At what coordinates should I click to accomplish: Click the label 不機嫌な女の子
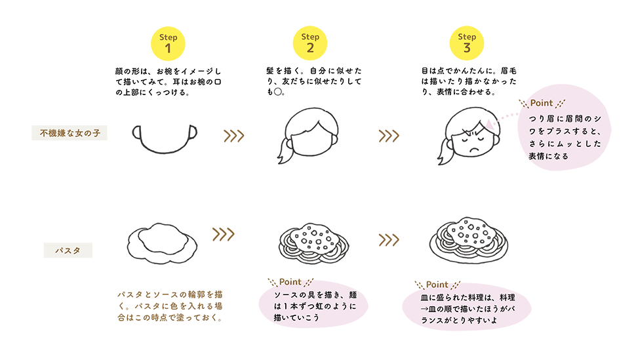70,133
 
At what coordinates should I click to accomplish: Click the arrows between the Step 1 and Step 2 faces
234,136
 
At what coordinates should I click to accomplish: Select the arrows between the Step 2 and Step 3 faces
389,136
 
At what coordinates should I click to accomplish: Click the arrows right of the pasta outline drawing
223,234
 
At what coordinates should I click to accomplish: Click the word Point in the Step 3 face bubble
542,104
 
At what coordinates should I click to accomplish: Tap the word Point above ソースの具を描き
290,282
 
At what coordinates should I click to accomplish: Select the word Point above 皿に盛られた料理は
437,285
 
